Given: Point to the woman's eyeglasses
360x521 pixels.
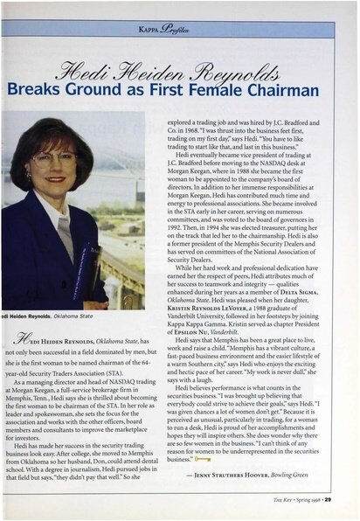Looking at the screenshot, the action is tap(55, 159).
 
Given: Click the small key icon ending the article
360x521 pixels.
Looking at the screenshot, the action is tap(204, 457).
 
